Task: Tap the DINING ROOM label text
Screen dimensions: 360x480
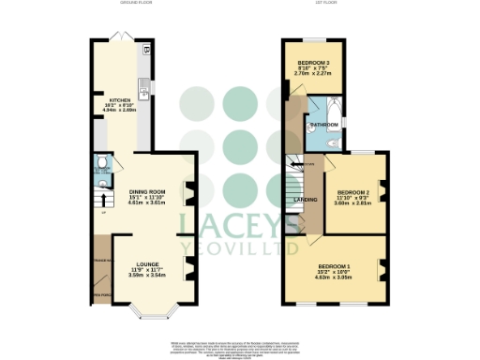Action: [145, 191]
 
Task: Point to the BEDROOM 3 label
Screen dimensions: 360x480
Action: [314, 58]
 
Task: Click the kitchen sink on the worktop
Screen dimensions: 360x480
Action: [146, 92]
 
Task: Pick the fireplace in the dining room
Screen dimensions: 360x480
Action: [188, 193]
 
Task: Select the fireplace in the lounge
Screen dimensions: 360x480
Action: [188, 273]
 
